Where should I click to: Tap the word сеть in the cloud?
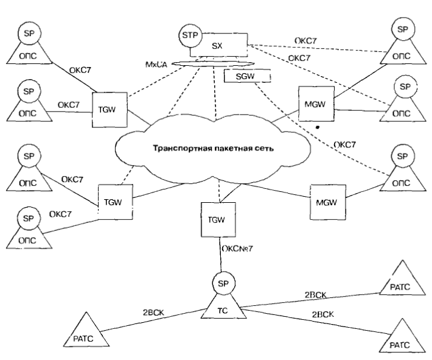coord(262,147)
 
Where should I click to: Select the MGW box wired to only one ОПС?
coord(326,201)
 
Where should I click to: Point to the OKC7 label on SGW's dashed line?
coord(346,144)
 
